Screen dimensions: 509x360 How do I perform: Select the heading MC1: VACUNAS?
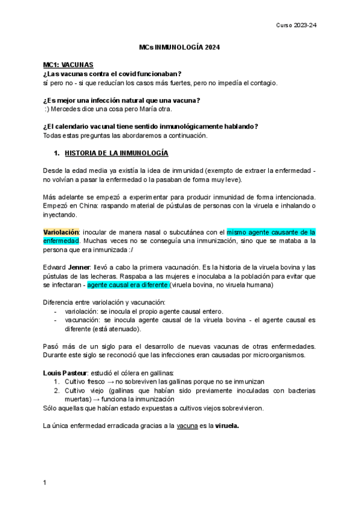(x=68, y=64)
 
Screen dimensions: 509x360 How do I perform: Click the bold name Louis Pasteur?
(x=67, y=373)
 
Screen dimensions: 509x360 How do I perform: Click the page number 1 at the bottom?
(x=45, y=482)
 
